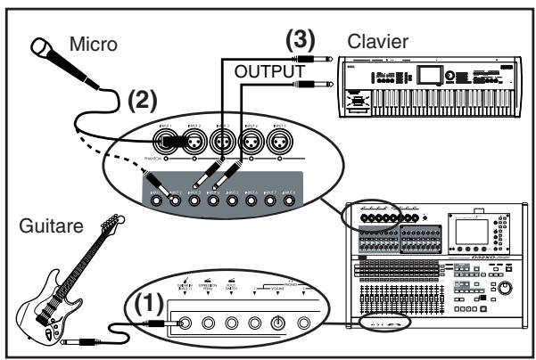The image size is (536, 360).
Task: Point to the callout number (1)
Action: tap(145, 304)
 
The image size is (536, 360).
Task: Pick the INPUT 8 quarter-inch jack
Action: tap(288, 200)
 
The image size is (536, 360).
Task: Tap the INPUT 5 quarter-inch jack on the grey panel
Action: tap(231, 200)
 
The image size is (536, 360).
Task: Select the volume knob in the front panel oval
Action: tap(278, 323)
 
